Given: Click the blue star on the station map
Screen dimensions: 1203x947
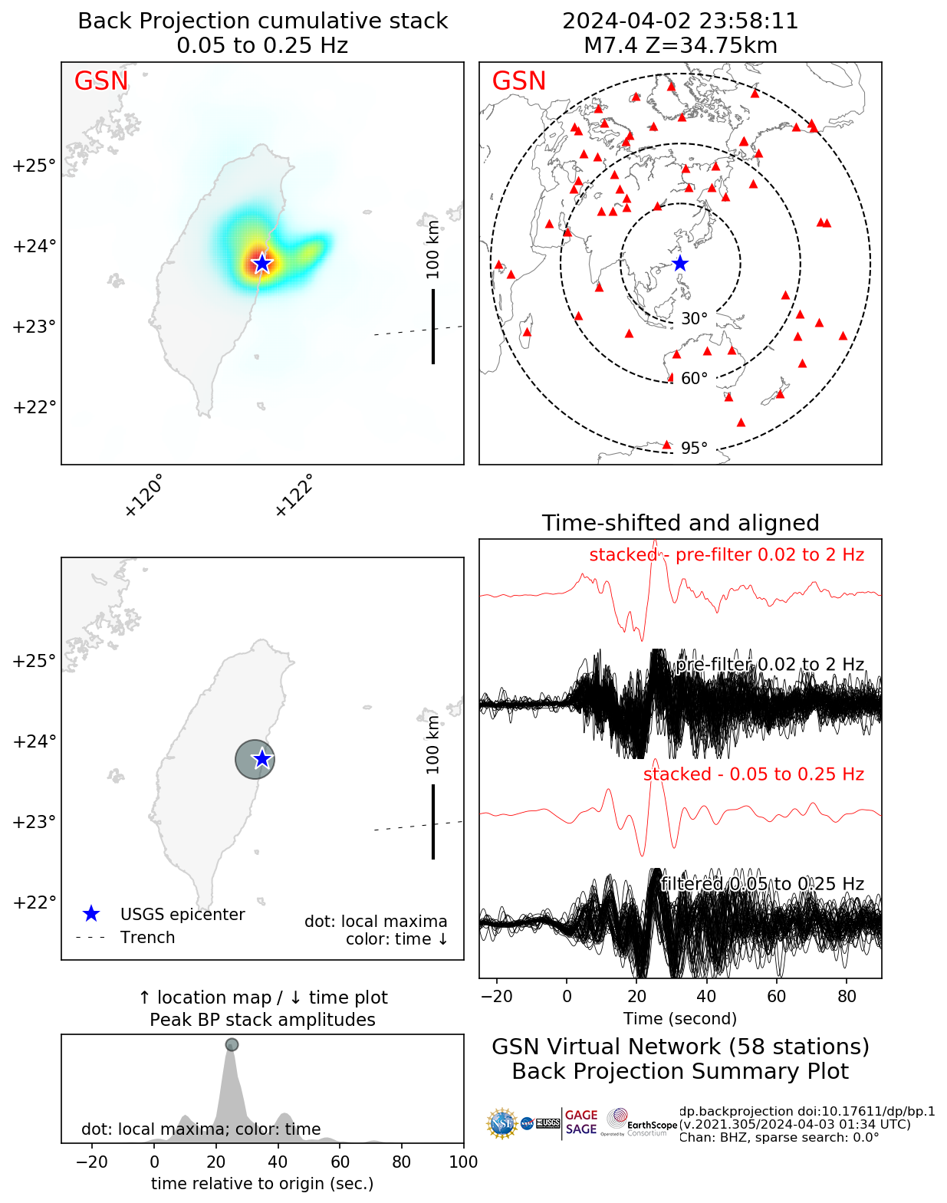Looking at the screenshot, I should pyautogui.click(x=680, y=264).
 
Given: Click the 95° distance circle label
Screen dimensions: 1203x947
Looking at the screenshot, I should pyautogui.click(x=694, y=449).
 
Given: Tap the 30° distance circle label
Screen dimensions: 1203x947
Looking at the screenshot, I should pyautogui.click(x=694, y=319).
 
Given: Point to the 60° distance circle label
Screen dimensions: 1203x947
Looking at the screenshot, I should pyautogui.click(x=694, y=379).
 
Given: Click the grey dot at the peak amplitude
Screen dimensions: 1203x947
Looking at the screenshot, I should pyautogui.click(x=232, y=1044).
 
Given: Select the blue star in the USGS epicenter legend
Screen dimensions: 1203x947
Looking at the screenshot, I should pyautogui.click(x=91, y=914).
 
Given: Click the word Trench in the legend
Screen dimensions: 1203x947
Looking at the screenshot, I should pyautogui.click(x=147, y=938).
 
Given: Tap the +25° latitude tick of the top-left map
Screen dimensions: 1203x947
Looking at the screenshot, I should pyautogui.click(x=34, y=166).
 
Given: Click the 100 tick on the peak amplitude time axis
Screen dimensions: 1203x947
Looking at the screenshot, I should pyautogui.click(x=463, y=1162).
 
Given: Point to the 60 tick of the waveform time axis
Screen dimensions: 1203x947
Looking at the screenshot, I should pyautogui.click(x=777, y=996).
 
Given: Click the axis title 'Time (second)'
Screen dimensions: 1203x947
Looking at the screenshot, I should pyautogui.click(x=680, y=1019).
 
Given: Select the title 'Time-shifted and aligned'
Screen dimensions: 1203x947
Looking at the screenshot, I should pyautogui.click(x=680, y=523).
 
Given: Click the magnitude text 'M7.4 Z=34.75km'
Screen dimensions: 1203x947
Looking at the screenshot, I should pyautogui.click(x=680, y=46).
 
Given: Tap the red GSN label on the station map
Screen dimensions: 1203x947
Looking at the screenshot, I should pyautogui.click(x=518, y=81).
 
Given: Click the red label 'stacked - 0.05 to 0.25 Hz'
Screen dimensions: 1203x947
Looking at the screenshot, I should pyautogui.click(x=753, y=774).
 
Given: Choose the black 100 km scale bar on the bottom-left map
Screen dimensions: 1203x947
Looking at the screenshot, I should pyautogui.click(x=433, y=821).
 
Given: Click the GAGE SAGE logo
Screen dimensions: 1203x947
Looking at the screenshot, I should pyautogui.click(x=581, y=1122).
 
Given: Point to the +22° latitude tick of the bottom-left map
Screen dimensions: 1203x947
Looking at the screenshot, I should pyautogui.click(x=34, y=902).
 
